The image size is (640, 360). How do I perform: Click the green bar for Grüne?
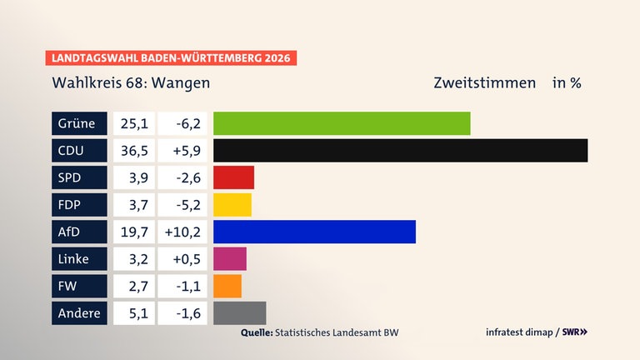[342, 123]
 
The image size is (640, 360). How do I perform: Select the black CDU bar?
[400, 151]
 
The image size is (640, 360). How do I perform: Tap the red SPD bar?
[233, 177]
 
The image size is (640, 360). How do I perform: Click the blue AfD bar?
[314, 232]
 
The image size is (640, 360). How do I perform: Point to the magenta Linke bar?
[230, 259]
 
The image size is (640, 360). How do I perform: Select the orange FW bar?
[227, 286]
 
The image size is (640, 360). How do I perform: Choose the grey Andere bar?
[239, 313]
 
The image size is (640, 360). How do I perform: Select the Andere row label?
[79, 313]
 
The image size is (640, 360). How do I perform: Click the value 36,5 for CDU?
[133, 151]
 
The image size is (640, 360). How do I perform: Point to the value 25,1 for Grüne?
[133, 123]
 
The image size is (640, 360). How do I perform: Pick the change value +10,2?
[182, 232]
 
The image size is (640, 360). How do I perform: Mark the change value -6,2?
[182, 123]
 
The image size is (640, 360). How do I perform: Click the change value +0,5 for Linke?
[182, 259]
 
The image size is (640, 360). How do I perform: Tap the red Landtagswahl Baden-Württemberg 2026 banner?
[171, 58]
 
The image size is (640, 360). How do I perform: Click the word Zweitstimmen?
[484, 83]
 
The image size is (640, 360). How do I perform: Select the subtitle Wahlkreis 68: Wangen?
[131, 83]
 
